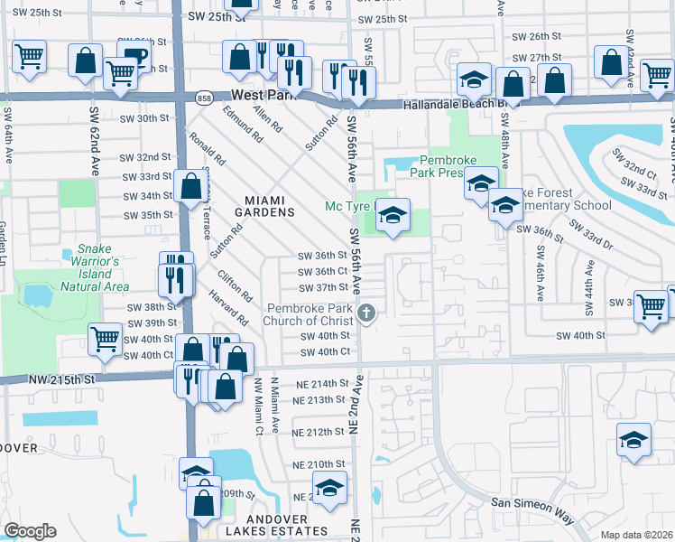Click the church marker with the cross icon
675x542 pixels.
[366, 314]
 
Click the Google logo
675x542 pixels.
[30, 530]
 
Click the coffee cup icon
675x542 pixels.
[135, 55]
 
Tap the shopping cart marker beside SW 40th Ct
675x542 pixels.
[106, 340]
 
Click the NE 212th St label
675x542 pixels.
[319, 432]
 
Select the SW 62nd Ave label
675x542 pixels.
[94, 140]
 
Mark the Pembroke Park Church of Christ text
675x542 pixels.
[306, 314]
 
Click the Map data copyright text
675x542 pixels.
[637, 534]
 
